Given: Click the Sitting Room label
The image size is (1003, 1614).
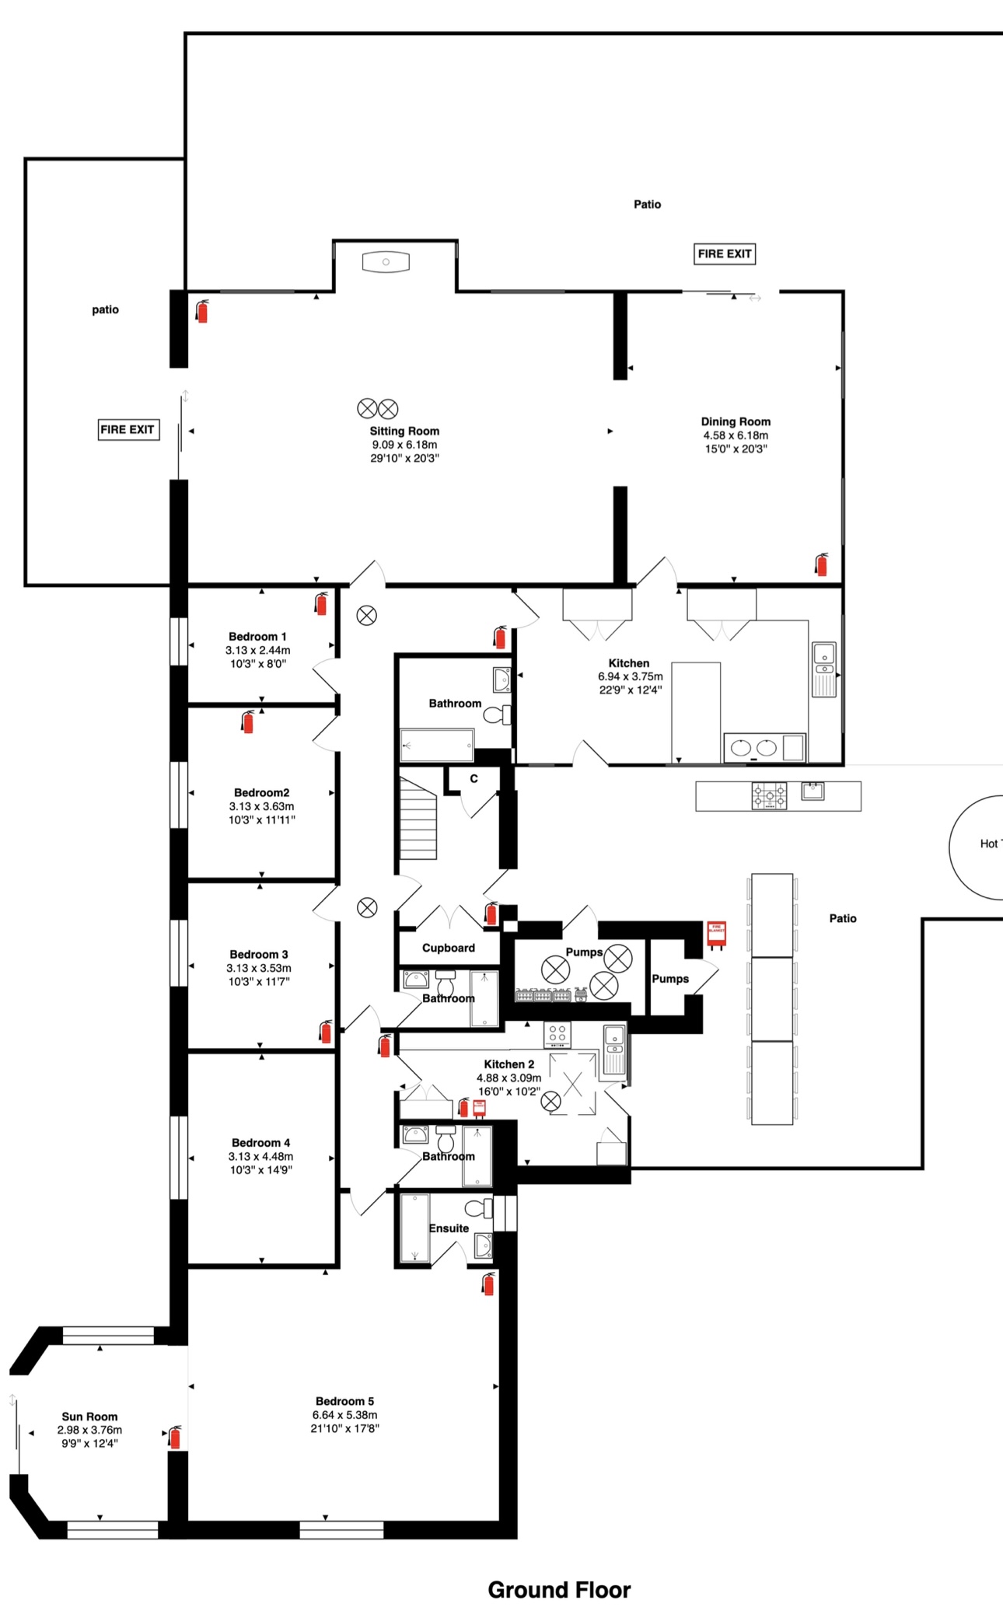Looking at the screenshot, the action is (404, 431).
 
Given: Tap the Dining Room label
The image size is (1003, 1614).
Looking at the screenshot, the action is (736, 421).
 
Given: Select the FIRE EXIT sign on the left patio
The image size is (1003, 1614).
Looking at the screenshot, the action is (128, 429).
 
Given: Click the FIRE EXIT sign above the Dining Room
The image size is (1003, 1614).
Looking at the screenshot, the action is (725, 253).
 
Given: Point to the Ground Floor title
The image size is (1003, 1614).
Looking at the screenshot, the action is (559, 1590).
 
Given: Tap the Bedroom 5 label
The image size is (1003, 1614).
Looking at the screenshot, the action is (344, 1401).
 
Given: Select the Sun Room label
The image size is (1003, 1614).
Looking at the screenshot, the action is (90, 1417).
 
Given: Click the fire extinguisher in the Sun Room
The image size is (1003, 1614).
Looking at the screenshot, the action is (175, 1437).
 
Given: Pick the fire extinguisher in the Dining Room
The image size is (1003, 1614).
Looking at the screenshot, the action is (821, 564).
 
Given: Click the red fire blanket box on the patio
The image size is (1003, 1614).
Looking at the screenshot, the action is (716, 935).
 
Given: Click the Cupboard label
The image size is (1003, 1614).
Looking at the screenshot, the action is (449, 948).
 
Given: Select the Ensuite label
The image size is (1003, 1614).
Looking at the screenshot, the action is (449, 1228).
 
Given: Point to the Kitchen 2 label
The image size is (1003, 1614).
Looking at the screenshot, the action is (509, 1064).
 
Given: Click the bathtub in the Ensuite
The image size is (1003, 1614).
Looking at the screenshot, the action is (414, 1228).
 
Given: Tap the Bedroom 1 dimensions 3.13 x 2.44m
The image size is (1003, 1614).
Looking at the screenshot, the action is (258, 650).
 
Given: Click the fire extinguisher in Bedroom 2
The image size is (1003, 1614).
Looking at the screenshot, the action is (247, 721).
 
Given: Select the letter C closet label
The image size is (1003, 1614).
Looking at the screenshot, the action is (474, 778).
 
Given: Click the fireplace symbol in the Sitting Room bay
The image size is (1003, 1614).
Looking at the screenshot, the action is (386, 262).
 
